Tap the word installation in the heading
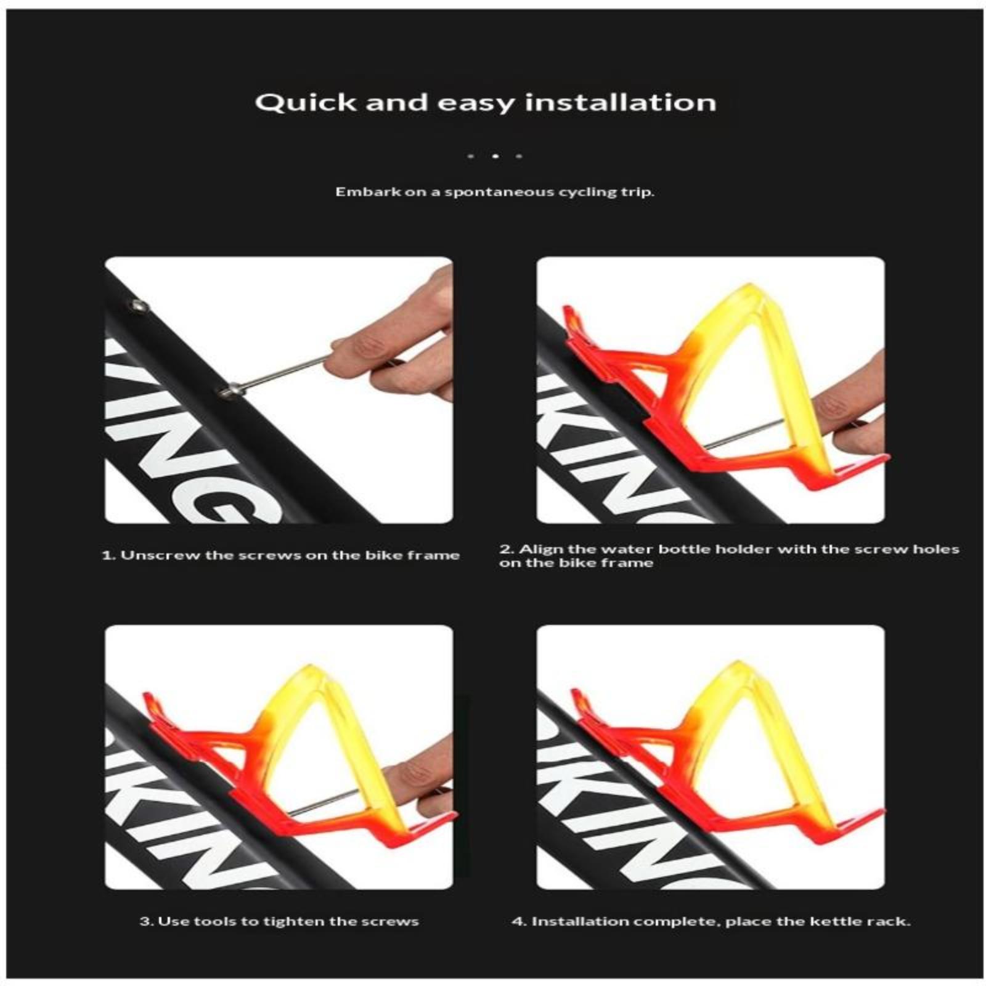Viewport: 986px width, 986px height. coord(621,102)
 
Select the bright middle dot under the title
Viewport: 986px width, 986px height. coord(495,156)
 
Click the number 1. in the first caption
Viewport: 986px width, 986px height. coord(108,555)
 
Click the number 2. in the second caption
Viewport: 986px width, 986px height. coord(506,548)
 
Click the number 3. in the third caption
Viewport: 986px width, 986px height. coord(147,921)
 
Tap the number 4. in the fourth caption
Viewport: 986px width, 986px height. coord(519,921)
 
